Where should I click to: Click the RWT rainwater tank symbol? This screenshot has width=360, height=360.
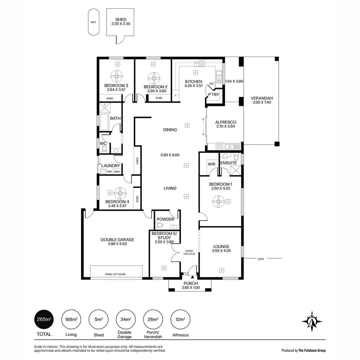coord(93,22)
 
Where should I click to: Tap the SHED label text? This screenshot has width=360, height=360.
coord(121,20)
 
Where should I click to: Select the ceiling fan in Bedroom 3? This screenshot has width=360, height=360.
coord(117,76)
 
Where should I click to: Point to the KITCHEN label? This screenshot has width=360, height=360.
coord(194,82)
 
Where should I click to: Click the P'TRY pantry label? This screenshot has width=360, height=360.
coord(213,95)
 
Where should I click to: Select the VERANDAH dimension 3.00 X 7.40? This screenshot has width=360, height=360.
coord(262,103)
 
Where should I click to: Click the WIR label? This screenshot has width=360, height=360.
coord(211,164)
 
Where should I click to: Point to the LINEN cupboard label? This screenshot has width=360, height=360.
coord(137,161)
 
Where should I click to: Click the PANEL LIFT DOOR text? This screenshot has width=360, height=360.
coord(115,274)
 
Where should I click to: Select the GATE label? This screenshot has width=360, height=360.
coord(261,259)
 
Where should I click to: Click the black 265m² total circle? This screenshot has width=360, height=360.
coord(44,319)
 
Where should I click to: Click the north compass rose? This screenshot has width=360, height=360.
coord(312,322)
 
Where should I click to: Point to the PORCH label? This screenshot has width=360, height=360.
coord(190,284)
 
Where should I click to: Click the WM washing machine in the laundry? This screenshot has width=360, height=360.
coord(109,172)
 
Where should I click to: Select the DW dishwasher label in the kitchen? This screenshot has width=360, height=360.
coord(211,84)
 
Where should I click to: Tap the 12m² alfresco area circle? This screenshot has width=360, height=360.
coord(180,319)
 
